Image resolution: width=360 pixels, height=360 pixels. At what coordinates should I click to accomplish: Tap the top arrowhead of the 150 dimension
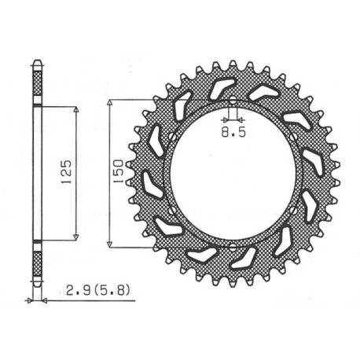pos(109,103)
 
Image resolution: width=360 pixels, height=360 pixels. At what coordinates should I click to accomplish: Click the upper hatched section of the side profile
pos(37,82)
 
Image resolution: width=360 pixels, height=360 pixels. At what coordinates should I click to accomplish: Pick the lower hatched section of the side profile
pos(37,263)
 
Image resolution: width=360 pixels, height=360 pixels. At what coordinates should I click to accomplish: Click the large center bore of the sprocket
pos(233,174)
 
